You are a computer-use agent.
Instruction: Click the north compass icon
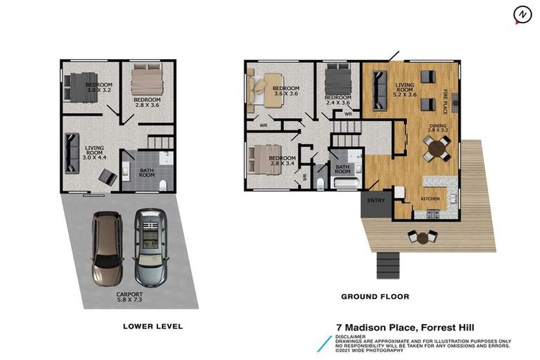click(x=521, y=14)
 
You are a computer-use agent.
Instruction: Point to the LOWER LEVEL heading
click(x=153, y=326)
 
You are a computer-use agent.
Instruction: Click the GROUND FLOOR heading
click(x=375, y=297)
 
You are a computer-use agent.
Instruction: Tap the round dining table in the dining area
click(x=436, y=148)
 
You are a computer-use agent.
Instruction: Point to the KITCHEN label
click(x=430, y=199)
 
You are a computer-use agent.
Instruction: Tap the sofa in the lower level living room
click(x=70, y=153)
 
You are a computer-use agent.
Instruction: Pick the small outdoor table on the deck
click(x=422, y=238)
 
